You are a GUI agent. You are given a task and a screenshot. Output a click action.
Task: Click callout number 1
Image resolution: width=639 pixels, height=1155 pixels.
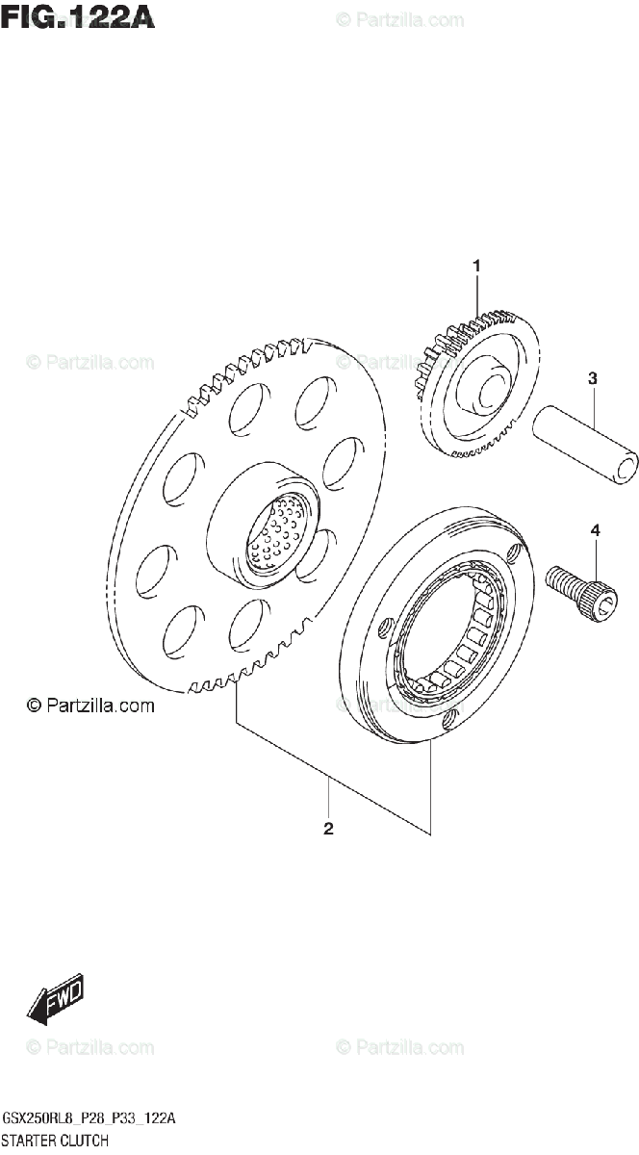475,265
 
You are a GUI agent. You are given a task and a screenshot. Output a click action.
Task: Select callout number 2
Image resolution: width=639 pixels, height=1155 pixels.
328,829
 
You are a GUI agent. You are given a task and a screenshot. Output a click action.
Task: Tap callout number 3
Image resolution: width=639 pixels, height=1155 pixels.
593,379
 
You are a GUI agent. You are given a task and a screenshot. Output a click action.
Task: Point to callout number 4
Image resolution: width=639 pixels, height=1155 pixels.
595,530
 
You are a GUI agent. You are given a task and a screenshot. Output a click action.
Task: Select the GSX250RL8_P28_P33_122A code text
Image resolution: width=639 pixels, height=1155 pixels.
89,1118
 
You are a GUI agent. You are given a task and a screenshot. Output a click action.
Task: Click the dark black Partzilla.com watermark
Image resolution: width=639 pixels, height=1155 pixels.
90,706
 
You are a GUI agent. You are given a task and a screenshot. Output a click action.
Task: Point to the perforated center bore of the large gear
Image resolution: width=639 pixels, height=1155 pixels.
280,534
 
